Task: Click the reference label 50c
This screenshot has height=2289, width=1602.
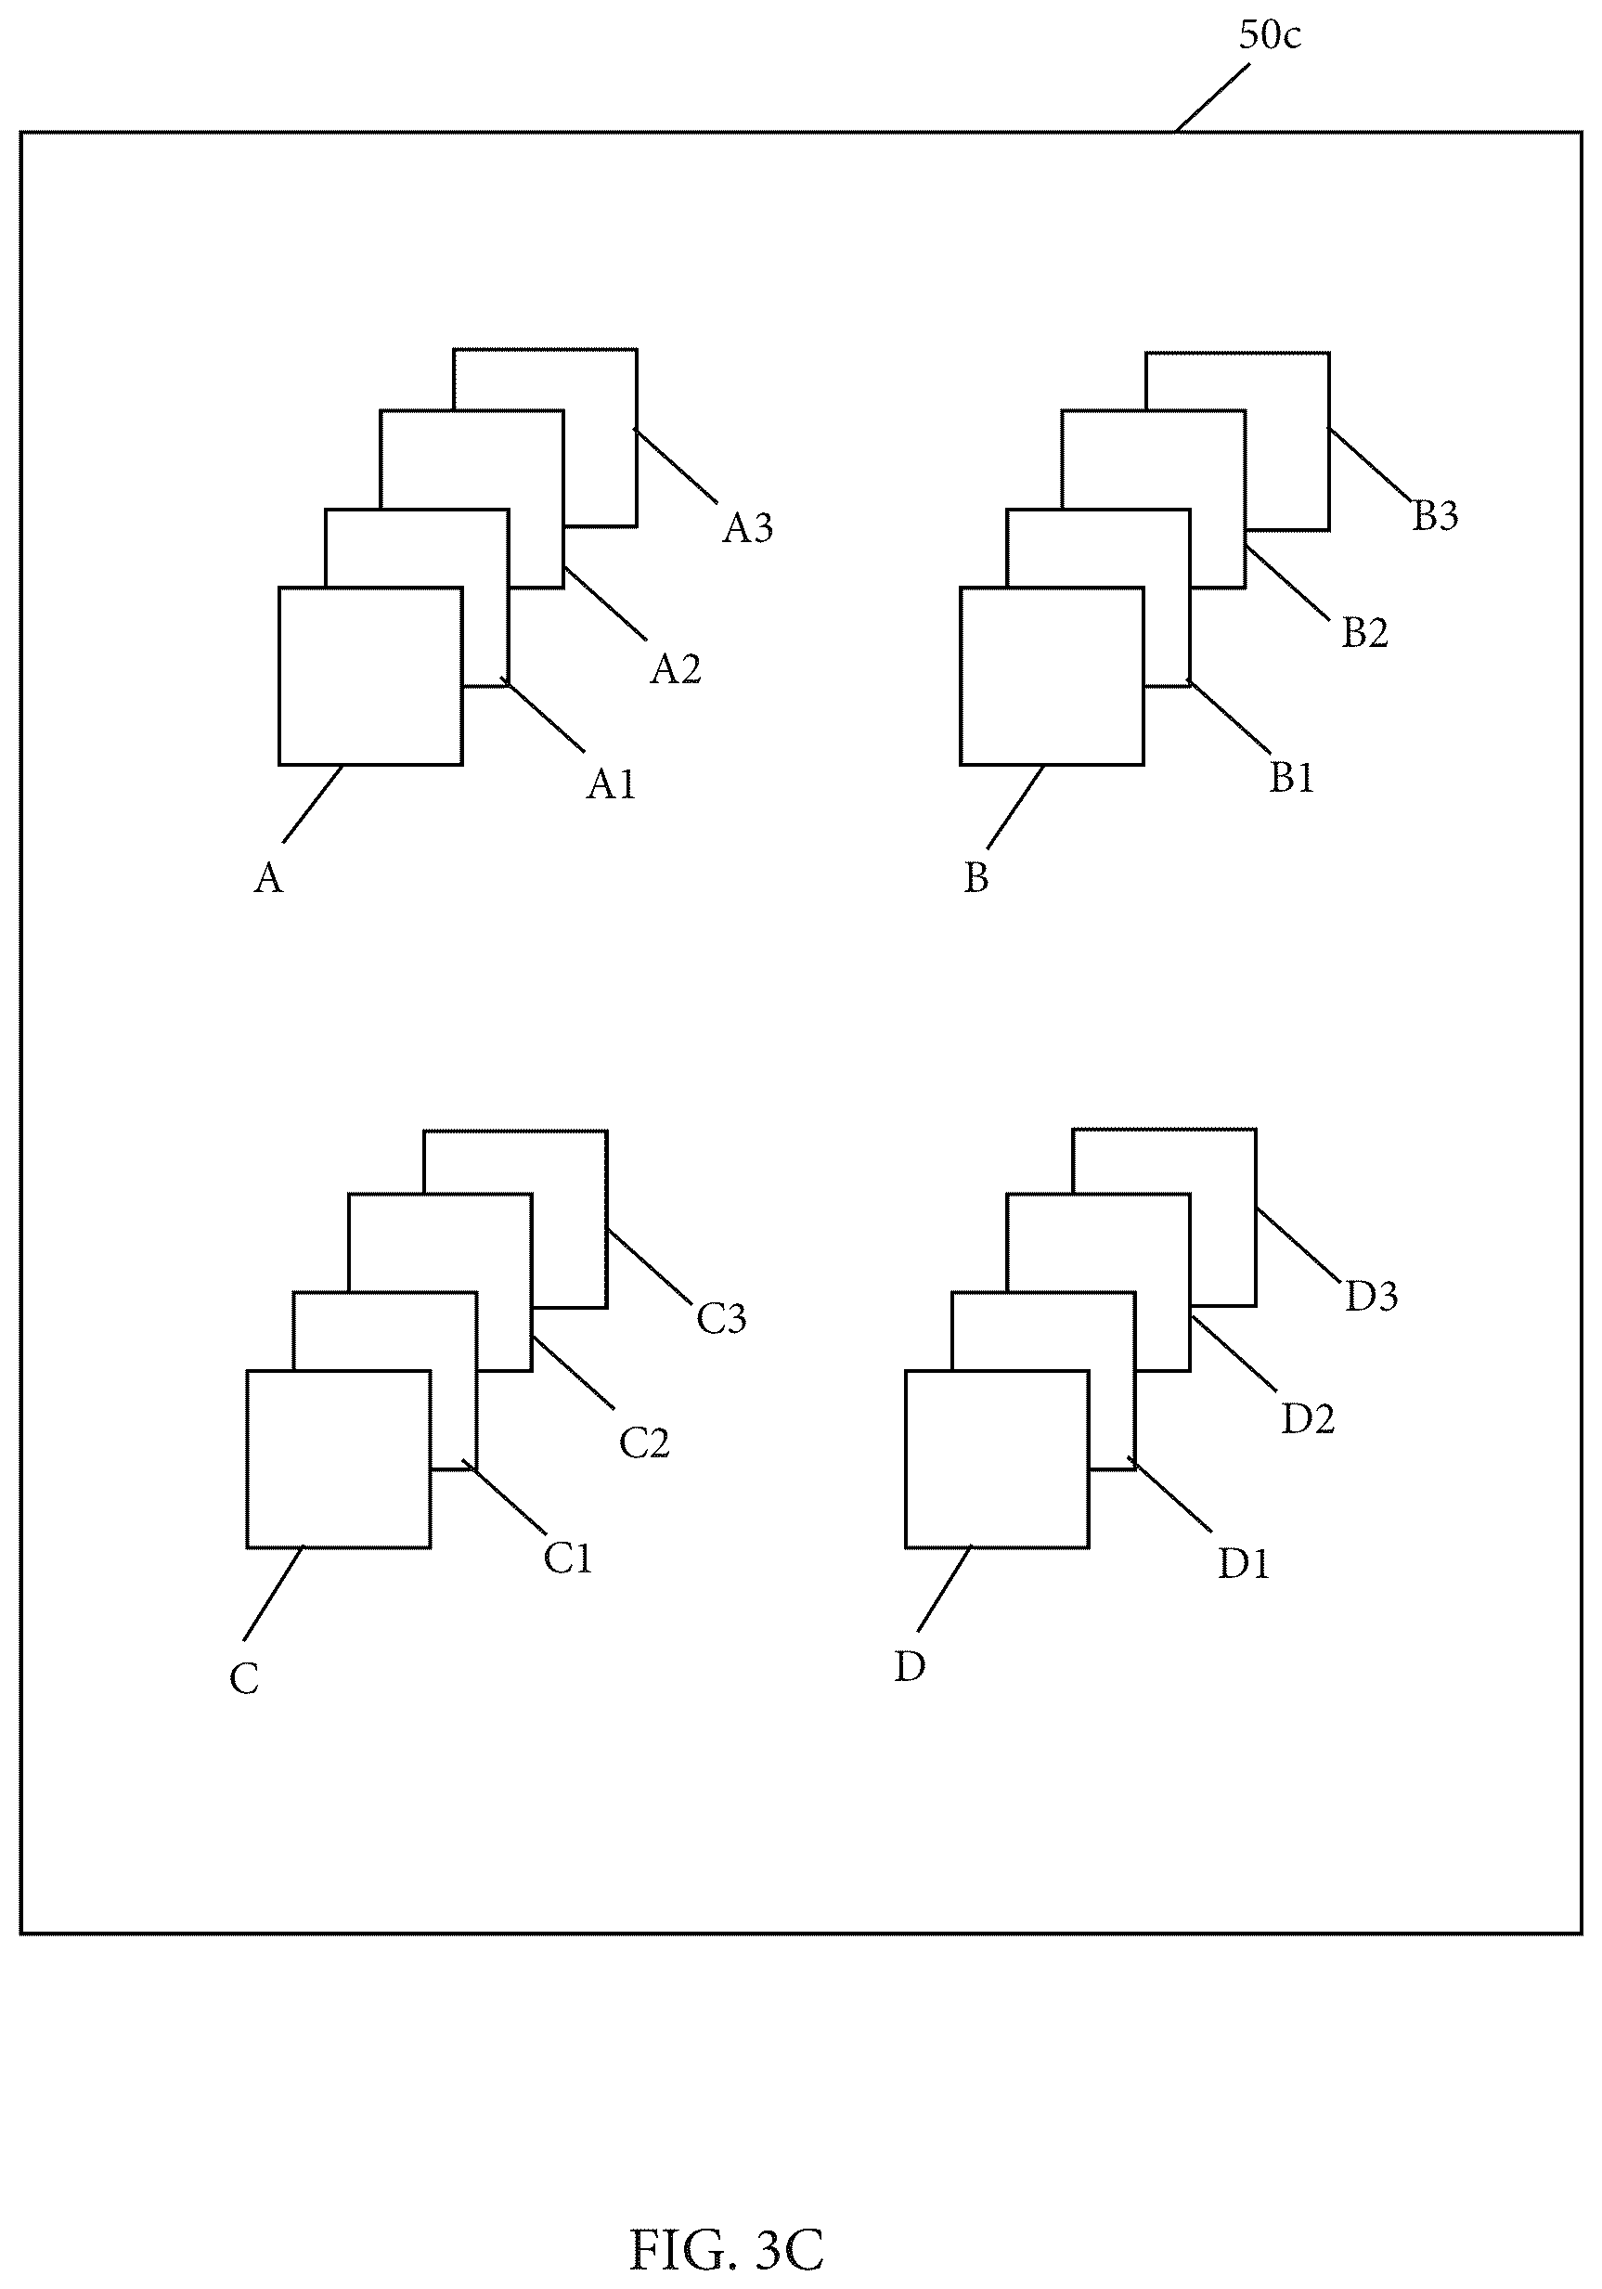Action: [x=1269, y=35]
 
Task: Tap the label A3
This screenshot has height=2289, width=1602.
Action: [x=748, y=527]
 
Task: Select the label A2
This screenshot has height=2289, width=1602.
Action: [x=676, y=669]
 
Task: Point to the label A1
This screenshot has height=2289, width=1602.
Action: [x=611, y=784]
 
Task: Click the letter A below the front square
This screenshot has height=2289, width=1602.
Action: [x=269, y=878]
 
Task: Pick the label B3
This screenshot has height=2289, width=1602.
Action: [x=1436, y=515]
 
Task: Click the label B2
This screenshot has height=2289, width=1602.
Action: [x=1364, y=632]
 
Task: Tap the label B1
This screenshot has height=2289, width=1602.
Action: [x=1292, y=778]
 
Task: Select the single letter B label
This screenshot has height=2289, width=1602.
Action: [x=975, y=877]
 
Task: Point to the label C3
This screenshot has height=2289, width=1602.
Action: [x=721, y=1318]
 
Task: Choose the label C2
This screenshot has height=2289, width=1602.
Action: [x=644, y=1442]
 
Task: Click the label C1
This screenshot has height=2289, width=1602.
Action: [x=568, y=1558]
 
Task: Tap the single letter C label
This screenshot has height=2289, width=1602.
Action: [x=244, y=1679]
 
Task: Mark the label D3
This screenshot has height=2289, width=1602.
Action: [x=1372, y=1296]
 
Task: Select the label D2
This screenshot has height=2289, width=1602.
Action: [x=1308, y=1418]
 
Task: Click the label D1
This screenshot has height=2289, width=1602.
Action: [x=1244, y=1564]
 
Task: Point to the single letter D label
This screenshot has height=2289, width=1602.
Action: [x=911, y=1666]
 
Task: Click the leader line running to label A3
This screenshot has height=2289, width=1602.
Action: [x=675, y=466]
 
